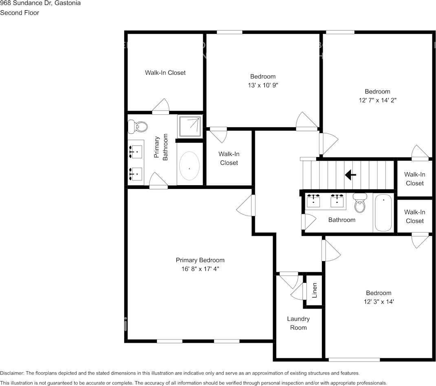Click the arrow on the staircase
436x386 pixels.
(350, 175)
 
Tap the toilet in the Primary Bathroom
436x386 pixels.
(138, 127)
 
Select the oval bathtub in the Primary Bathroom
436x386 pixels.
(189, 166)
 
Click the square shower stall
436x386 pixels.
(189, 127)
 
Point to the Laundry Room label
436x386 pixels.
(298, 323)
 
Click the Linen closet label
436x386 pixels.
(315, 291)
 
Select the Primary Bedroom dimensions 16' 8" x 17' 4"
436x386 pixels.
(200, 269)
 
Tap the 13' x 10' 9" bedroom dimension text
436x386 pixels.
(263, 85)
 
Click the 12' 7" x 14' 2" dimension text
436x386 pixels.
(377, 100)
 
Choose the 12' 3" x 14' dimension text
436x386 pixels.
(379, 302)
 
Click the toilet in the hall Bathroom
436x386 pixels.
(359, 203)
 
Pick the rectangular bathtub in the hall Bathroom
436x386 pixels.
(383, 213)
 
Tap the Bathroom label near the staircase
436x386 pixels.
(342, 220)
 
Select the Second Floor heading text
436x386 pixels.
(20, 13)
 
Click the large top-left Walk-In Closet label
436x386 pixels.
(165, 73)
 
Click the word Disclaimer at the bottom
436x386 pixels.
(12, 373)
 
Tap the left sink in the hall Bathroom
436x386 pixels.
(313, 200)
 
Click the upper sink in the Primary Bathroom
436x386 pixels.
(135, 152)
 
